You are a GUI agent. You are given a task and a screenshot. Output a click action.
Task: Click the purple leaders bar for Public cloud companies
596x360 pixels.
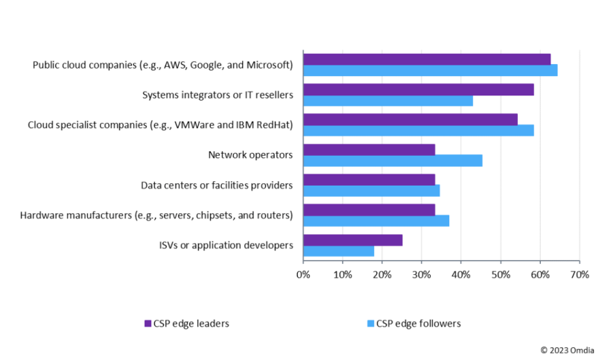(427, 59)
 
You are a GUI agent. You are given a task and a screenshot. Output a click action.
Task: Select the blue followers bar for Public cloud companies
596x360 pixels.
(430, 70)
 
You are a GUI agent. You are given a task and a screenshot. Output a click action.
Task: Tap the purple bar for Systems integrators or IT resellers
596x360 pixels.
(418, 89)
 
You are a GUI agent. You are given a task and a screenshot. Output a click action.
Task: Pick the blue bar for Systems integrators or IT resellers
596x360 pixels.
(387, 101)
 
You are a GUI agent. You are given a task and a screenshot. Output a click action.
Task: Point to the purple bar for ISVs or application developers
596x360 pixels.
(352, 240)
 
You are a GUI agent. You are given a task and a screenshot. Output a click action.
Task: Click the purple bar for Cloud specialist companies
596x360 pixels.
(410, 119)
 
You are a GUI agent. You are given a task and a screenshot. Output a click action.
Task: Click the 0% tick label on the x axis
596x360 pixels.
(303, 275)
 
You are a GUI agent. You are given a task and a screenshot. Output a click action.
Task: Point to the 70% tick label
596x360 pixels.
(579, 275)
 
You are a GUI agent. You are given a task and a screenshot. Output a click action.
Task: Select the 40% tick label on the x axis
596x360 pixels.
(460, 275)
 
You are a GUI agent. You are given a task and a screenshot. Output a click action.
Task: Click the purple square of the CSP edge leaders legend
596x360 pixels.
(148, 323)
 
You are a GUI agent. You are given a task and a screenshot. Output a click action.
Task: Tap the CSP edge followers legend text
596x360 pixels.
(418, 323)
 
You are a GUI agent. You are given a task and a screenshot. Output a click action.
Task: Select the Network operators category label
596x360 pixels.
(250, 155)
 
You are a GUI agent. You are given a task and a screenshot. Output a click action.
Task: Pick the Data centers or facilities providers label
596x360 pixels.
(217, 185)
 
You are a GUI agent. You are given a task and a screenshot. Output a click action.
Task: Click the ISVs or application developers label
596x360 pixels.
(226, 245)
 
